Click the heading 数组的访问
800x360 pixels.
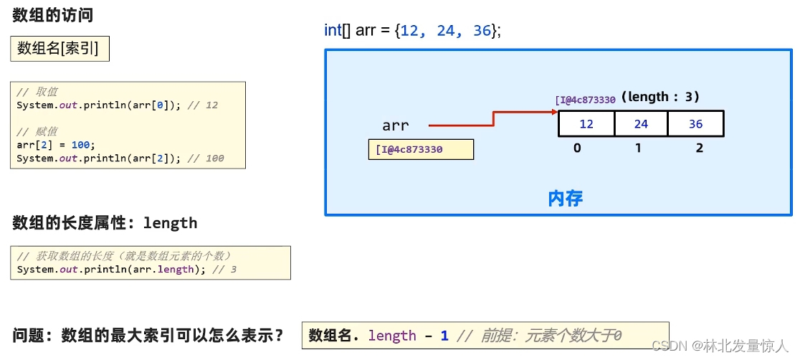click(52, 15)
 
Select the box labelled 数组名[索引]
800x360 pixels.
click(59, 48)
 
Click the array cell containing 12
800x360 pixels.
click(586, 124)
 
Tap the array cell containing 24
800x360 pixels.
click(641, 124)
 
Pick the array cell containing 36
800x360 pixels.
click(695, 124)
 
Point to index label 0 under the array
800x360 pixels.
click(577, 148)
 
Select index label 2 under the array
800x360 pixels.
click(700, 148)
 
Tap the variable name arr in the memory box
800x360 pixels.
click(395, 126)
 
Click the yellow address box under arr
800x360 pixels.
click(421, 149)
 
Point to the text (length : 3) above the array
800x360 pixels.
click(660, 97)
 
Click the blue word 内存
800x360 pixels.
click(566, 198)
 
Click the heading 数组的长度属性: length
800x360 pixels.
click(105, 223)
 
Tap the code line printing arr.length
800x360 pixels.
click(126, 270)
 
